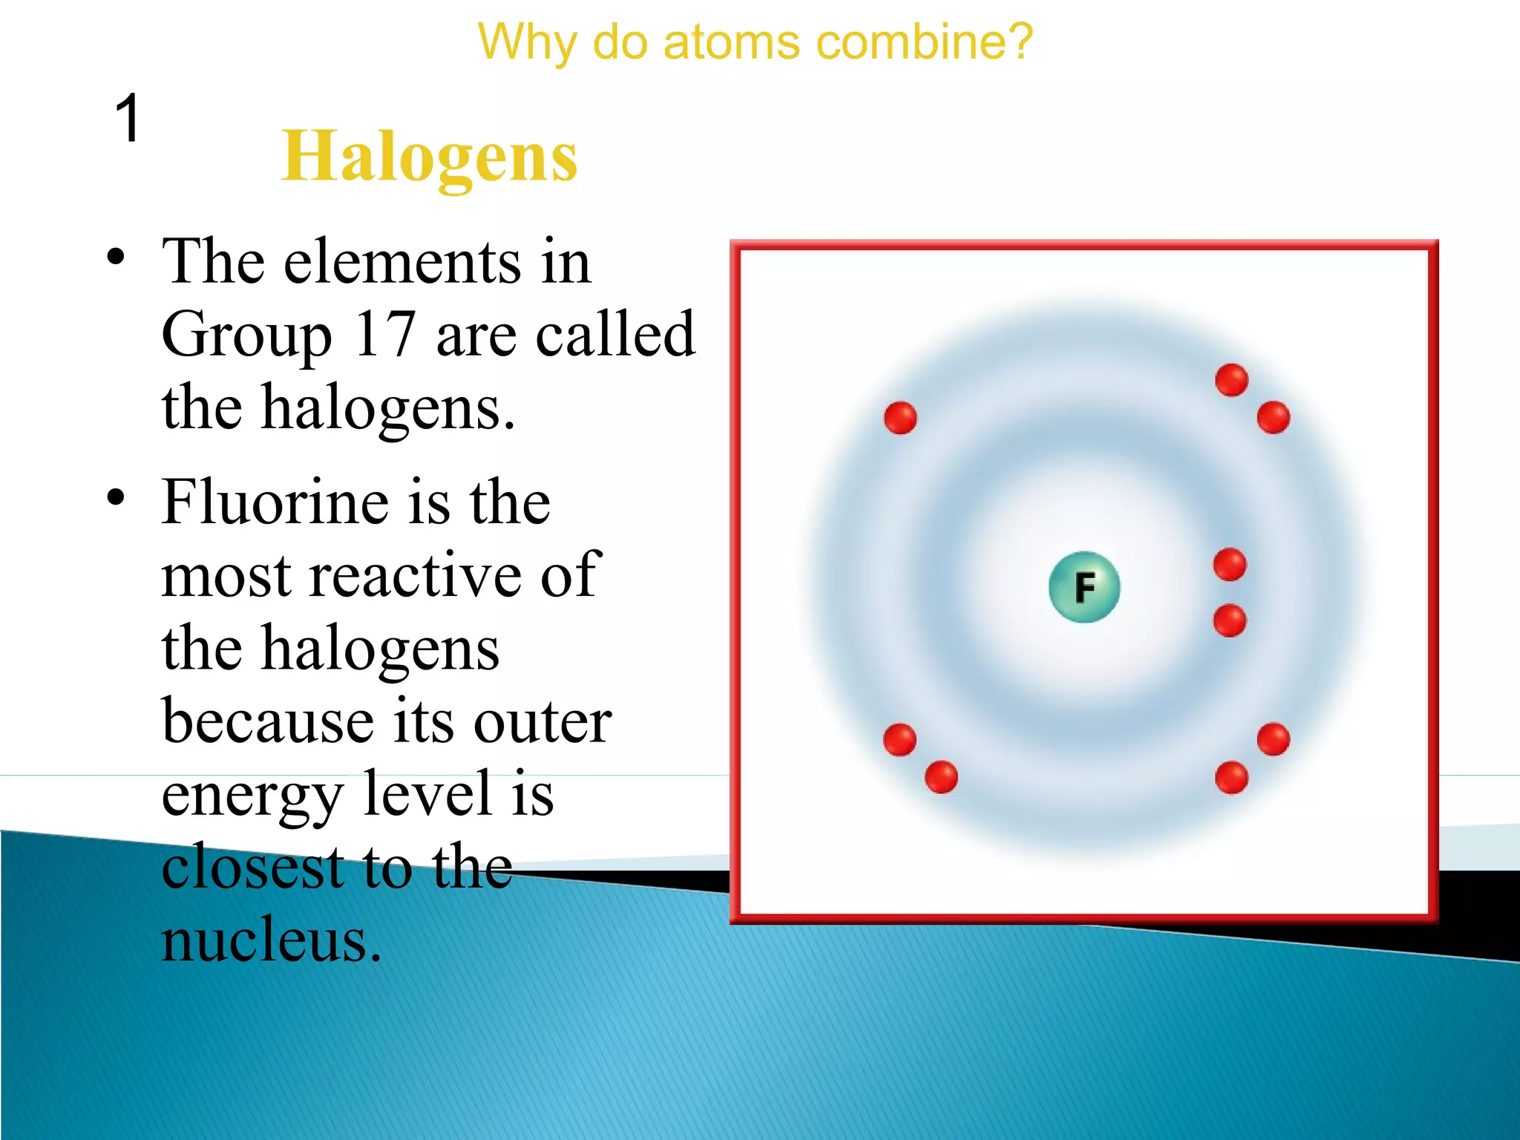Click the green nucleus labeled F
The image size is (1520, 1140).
[x=1084, y=587]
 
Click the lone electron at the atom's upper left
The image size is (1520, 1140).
[x=900, y=418]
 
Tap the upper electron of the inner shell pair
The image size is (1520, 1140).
[x=1230, y=565]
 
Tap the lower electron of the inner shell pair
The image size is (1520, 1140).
[x=1230, y=620]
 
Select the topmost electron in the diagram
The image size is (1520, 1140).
[x=1231, y=380]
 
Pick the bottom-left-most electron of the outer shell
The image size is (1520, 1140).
[x=900, y=739]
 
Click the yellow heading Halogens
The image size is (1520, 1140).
[x=429, y=157]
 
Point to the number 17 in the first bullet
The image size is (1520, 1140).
[x=384, y=335]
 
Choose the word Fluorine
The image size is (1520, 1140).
[x=275, y=502]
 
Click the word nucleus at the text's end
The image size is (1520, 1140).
[x=271, y=940]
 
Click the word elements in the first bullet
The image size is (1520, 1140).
[x=402, y=262]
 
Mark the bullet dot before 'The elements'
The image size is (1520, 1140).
[x=115, y=257]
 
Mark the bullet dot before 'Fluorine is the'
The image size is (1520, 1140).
[x=115, y=497]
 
